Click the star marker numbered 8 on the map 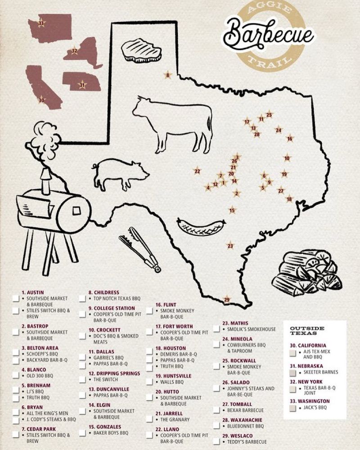[168, 75]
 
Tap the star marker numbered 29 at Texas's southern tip [227, 300]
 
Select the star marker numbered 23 [230, 246]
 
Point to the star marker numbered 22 [197, 171]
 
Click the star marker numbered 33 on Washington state [41, 23]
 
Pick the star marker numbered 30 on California [41, 100]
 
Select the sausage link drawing [201, 227]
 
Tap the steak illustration [141, 50]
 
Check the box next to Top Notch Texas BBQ [83, 298]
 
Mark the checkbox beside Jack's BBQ [292, 408]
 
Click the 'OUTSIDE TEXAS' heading [307, 331]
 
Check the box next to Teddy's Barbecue [216, 442]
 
